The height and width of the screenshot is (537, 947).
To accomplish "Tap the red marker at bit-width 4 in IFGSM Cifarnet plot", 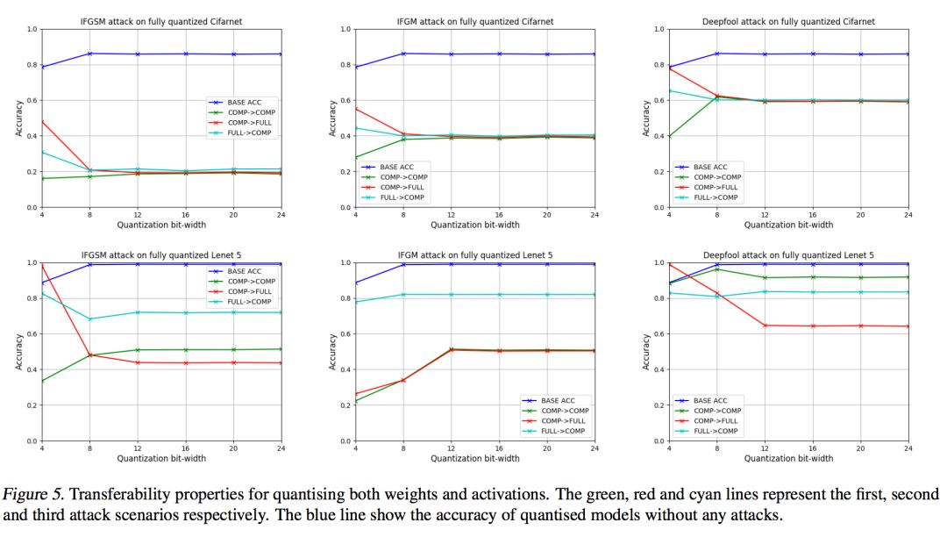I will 41,121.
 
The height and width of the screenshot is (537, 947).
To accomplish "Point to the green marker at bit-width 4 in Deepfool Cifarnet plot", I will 669,137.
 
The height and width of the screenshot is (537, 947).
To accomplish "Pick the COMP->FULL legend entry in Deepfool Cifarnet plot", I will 716,187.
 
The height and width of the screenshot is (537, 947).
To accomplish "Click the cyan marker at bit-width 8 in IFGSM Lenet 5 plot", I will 89,319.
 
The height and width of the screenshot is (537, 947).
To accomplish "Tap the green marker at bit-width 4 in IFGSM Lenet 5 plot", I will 41,381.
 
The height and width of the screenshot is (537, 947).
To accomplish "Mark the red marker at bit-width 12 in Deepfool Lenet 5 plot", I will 765,326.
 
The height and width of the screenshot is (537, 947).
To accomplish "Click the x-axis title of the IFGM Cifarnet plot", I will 473,225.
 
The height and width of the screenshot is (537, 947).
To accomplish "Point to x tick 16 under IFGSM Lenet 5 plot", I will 185,448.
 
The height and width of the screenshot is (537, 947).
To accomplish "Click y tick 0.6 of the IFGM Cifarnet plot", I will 345,101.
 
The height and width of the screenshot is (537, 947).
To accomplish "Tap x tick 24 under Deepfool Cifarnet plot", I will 908,215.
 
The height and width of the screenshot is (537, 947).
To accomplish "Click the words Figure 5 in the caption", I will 29,494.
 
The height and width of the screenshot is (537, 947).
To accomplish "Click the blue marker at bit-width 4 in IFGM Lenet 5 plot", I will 355,283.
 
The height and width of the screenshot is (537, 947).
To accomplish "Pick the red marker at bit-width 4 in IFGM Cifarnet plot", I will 355,109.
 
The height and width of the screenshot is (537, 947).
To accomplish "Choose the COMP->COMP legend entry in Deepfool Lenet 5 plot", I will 716,410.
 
